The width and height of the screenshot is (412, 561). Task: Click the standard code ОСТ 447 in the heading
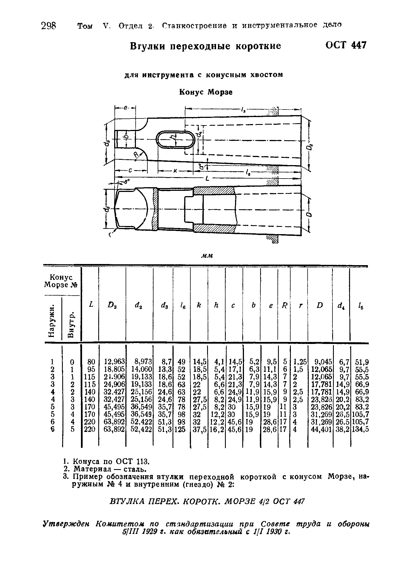pos(346,45)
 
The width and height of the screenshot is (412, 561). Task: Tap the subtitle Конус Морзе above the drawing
pos(206,92)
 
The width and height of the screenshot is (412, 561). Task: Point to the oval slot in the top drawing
pos(175,139)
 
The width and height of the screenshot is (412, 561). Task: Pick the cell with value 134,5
pos(360,429)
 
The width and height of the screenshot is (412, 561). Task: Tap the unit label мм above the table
pos(207,256)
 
